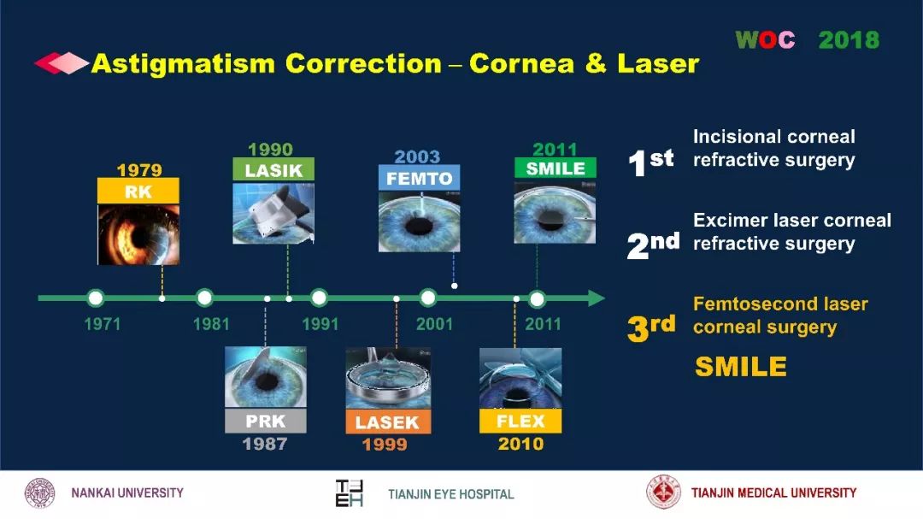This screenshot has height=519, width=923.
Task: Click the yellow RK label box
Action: click(x=138, y=191)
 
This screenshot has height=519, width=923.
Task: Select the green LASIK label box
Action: click(x=273, y=169)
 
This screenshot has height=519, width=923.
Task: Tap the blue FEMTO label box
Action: click(x=419, y=178)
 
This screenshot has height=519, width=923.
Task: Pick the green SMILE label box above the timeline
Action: click(x=556, y=168)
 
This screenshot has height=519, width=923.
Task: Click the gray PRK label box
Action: click(x=266, y=421)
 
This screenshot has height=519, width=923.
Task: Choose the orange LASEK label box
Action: click(x=387, y=422)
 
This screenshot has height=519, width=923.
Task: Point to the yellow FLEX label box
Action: click(x=520, y=421)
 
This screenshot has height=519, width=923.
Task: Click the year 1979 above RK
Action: click(x=139, y=169)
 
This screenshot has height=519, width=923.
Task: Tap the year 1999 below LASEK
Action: click(x=385, y=444)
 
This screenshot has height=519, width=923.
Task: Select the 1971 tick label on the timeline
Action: click(x=103, y=324)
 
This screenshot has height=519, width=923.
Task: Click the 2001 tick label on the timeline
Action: click(x=434, y=324)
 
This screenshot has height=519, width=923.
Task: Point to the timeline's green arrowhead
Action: click(x=597, y=298)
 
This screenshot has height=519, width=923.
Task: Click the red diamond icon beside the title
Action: click(x=62, y=63)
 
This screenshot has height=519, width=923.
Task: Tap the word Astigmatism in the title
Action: click(x=183, y=63)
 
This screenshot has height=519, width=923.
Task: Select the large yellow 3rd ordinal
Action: click(x=651, y=327)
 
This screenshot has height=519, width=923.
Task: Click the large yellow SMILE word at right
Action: click(x=740, y=367)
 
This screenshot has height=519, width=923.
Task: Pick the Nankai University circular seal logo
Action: click(x=39, y=493)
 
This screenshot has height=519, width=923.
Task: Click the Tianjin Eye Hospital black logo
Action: click(x=349, y=493)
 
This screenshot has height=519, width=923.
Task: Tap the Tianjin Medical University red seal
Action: click(x=663, y=492)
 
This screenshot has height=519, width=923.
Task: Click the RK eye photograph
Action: click(x=138, y=234)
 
